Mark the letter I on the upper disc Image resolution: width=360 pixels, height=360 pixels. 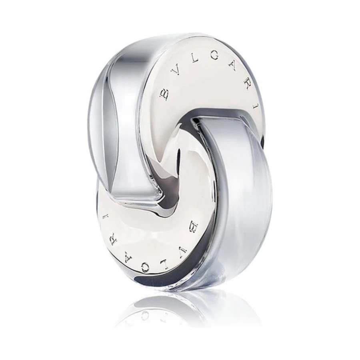click(256, 106)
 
